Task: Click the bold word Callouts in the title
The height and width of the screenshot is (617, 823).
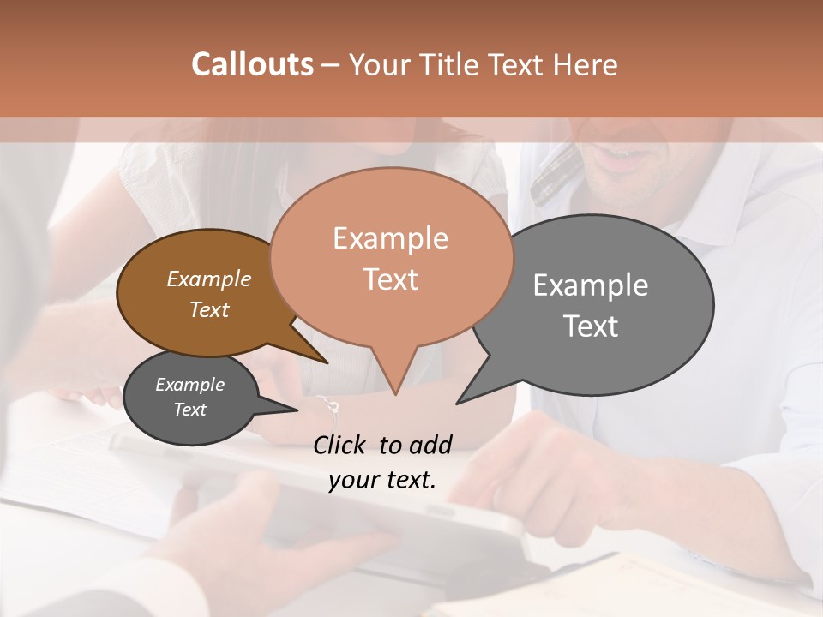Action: [x=252, y=65]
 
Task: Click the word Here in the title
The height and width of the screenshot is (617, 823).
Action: [x=586, y=65]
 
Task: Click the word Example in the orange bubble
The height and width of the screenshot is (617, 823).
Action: [x=390, y=238]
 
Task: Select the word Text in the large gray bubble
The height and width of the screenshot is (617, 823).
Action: [x=591, y=326]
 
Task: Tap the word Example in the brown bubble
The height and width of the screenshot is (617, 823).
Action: [x=209, y=279]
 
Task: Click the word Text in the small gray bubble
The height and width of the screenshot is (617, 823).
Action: [x=190, y=410]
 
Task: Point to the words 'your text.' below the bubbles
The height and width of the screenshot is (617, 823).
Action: [x=382, y=480]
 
